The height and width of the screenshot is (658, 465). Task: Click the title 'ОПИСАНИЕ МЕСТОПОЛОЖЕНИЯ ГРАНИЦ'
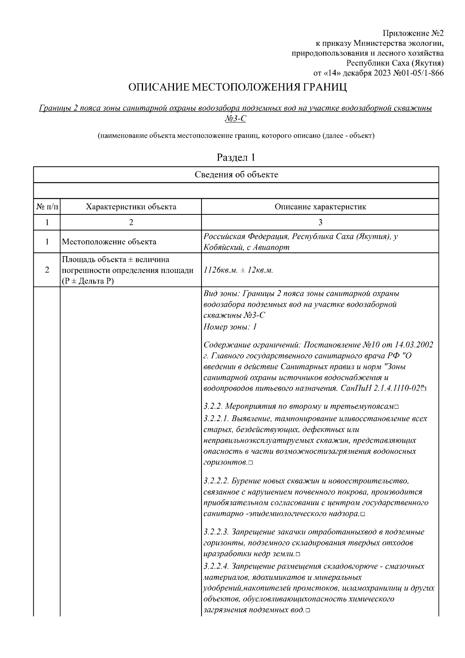tap(238, 88)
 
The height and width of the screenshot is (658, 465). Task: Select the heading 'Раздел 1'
tap(236, 158)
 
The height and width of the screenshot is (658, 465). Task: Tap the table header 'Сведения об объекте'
tap(236, 174)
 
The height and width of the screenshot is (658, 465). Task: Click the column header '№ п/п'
tap(47, 207)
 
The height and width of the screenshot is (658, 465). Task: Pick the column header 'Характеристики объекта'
tap(131, 207)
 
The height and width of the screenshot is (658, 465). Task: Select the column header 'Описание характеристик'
tap(320, 207)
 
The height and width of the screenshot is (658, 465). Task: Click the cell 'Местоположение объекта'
tap(109, 242)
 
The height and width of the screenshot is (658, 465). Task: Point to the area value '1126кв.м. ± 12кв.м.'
tap(238, 270)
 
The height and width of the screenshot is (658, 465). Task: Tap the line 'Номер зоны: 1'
tap(230, 326)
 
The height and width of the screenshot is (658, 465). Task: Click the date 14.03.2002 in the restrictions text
tap(414, 345)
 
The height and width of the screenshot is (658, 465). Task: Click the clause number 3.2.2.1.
tap(217, 419)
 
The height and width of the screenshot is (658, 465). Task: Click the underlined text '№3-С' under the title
tap(236, 119)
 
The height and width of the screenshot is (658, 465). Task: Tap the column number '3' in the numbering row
tap(320, 223)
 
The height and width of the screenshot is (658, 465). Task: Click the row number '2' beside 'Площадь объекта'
tap(47, 270)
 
